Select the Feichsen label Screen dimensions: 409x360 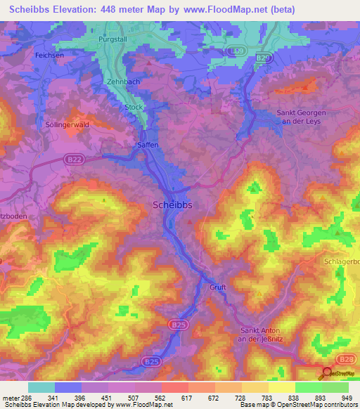[x=49, y=55]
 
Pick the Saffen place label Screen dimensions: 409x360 [x=146, y=145]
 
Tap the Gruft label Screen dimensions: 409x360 [x=217, y=287]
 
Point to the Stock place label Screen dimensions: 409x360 [x=133, y=107]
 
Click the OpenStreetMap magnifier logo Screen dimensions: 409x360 [x=325, y=372]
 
